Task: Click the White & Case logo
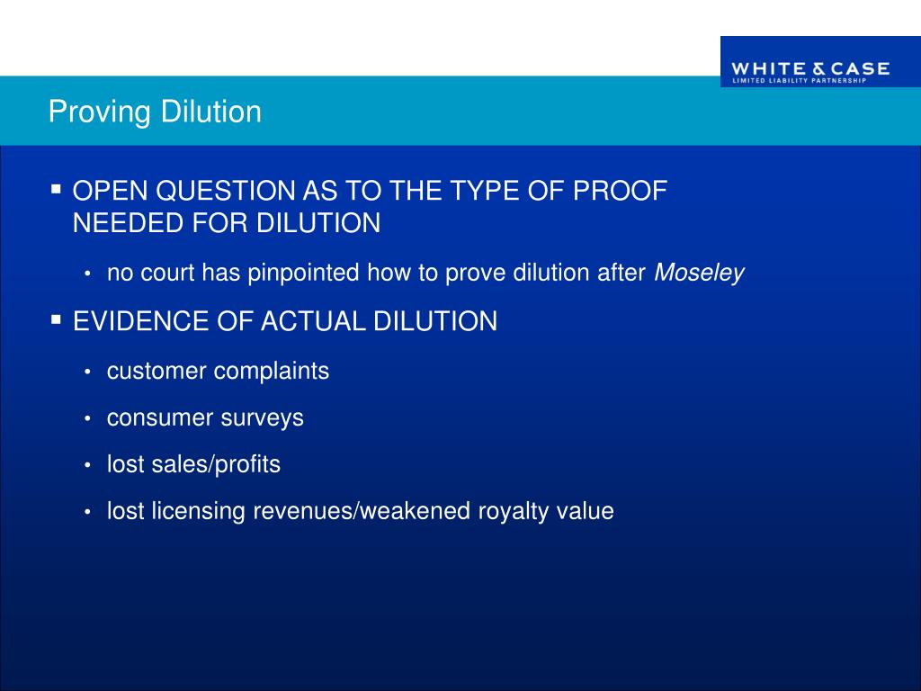point(809,70)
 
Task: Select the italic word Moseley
point(699,274)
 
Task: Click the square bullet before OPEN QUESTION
point(56,190)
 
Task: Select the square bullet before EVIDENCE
point(56,319)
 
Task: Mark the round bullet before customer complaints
point(87,372)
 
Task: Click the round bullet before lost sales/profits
point(87,465)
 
